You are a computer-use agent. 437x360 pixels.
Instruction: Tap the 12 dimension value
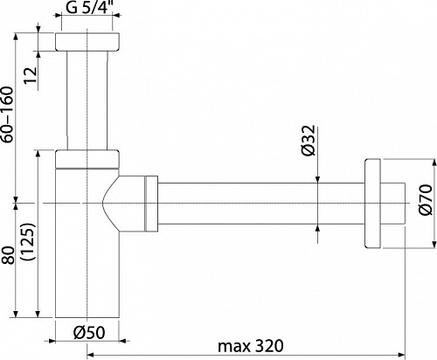(31, 76)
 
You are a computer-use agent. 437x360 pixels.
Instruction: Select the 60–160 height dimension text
(7, 114)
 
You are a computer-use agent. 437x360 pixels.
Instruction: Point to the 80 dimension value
(8, 255)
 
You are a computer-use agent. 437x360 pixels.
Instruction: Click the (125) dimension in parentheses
(29, 241)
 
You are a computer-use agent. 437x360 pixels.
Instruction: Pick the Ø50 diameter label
(89, 332)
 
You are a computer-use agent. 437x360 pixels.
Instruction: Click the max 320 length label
(251, 346)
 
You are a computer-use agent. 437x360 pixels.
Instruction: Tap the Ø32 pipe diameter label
(309, 141)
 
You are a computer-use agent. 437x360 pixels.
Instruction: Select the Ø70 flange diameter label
(426, 199)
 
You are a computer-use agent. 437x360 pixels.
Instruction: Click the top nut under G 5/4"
(87, 42)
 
